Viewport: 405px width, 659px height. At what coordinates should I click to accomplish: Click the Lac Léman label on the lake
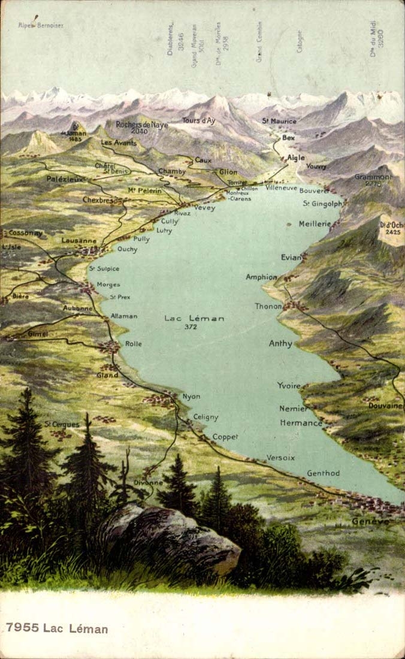(194, 318)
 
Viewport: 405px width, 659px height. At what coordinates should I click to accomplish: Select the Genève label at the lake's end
(370, 521)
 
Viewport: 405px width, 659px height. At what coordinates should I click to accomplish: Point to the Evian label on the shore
(291, 257)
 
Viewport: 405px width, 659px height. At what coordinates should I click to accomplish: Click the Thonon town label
(268, 306)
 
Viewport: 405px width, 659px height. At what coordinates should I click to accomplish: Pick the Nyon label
(191, 397)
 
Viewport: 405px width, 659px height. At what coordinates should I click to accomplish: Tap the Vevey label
(204, 208)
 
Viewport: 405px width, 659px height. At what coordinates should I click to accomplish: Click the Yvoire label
(288, 386)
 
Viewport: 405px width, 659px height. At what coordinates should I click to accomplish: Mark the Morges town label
(108, 285)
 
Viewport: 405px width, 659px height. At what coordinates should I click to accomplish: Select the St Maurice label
(279, 121)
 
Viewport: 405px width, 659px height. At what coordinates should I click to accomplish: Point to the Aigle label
(295, 158)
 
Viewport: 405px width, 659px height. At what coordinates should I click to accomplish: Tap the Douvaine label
(386, 406)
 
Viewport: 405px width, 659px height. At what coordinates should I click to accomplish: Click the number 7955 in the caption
(22, 628)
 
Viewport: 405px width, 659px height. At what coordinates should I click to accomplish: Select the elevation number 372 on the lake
(191, 327)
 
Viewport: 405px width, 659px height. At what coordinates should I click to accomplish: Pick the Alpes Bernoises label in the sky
(41, 25)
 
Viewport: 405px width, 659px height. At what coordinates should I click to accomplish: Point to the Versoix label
(280, 458)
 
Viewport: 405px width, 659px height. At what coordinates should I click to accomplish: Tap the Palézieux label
(65, 179)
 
